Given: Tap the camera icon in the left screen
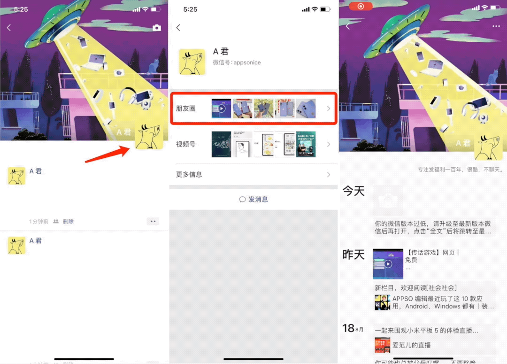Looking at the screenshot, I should click(157, 28).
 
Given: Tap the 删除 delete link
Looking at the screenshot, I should click(68, 221).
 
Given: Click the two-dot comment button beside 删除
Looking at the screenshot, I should click(153, 221).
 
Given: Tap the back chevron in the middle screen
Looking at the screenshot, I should click(178, 28).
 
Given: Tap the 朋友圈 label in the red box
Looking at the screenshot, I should click(185, 108).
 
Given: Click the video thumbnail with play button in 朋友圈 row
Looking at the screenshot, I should click(222, 108).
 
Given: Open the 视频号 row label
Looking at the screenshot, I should click(185, 144).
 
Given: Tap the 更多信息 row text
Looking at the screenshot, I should click(189, 174).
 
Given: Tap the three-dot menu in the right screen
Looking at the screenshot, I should click(496, 26).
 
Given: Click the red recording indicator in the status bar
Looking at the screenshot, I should click(361, 7).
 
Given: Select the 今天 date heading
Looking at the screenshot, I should click(353, 191).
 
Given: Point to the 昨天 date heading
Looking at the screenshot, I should click(353, 255).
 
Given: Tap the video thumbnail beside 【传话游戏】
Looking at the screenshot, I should click(388, 264).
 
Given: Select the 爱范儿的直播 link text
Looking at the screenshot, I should click(411, 345).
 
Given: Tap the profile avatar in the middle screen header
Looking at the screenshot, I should click(192, 62).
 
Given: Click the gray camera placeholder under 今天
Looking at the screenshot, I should click(388, 201).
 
